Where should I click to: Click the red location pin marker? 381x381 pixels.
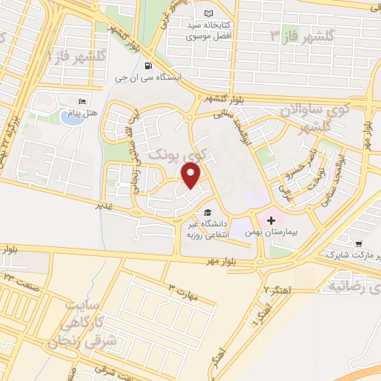(192, 176)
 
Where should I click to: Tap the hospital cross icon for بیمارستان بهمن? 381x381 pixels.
(271, 221)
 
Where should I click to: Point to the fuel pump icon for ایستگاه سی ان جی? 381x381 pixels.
(148, 65)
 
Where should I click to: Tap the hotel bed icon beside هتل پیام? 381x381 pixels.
(82, 101)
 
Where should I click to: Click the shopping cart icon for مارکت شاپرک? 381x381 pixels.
(359, 243)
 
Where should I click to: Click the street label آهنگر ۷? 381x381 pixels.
(278, 288)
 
